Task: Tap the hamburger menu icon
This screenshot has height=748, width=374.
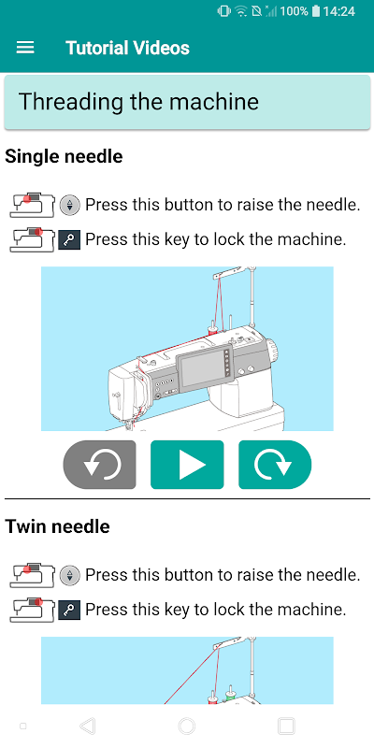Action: (25, 48)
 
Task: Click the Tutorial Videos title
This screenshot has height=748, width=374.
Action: (127, 48)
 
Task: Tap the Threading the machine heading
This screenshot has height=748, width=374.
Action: (138, 102)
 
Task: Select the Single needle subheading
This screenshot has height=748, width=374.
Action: (64, 156)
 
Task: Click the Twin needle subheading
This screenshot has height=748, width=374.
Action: (57, 526)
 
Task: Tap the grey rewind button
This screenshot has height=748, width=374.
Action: (100, 465)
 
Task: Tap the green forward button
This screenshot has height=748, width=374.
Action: (275, 465)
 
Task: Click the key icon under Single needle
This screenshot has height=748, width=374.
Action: (69, 240)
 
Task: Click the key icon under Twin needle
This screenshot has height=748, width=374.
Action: (69, 611)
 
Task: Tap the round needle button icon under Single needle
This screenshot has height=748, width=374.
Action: (70, 205)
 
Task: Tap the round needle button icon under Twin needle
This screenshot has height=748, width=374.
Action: (70, 575)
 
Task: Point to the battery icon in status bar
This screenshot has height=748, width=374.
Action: (315, 11)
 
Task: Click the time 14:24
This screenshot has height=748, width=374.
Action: (338, 11)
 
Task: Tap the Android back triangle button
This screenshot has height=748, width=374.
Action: (87, 726)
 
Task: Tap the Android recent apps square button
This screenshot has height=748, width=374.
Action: (286, 726)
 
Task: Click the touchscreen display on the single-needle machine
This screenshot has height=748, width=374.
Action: (204, 371)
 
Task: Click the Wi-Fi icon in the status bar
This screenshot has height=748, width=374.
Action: (241, 11)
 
